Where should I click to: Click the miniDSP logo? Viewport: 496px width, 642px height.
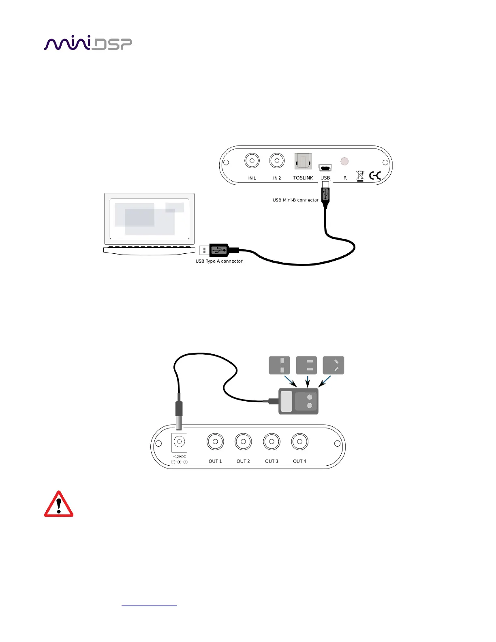point(88,43)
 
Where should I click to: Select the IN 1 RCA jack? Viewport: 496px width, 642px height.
point(252,161)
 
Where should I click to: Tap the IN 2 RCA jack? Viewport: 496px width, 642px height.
point(277,161)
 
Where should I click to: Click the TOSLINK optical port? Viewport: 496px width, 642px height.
point(303,162)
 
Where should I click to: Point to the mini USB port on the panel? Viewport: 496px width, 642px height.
point(325,167)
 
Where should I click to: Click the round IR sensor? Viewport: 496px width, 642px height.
point(344,161)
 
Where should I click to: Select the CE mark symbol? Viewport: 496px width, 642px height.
point(375,175)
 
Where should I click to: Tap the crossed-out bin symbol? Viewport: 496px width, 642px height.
point(360,176)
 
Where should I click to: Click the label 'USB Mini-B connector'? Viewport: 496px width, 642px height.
point(295,200)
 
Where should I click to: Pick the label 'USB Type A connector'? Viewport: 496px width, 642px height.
point(219,261)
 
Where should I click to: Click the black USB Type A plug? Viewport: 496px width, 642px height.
point(221,250)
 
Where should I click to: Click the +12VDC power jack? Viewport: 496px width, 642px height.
point(179,442)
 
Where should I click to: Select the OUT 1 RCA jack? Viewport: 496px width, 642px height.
point(215,442)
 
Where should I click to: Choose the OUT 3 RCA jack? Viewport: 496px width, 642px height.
point(272,442)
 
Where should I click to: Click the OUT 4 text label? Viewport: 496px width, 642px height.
point(299,461)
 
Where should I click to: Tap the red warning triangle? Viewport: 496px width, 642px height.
point(59,505)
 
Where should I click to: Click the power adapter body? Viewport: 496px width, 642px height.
point(298,401)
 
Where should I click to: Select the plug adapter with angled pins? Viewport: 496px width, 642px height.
point(334,365)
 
